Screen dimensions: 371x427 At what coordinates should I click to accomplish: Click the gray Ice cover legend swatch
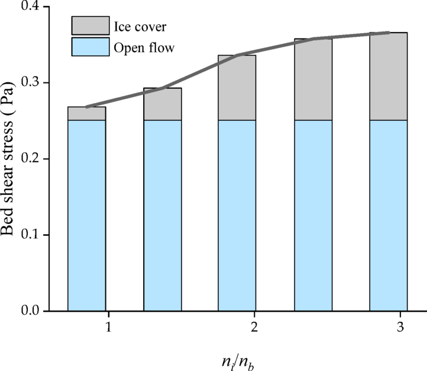(90, 25)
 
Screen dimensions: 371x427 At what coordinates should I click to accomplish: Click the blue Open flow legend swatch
(90, 47)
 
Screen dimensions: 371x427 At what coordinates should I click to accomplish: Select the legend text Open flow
(148, 47)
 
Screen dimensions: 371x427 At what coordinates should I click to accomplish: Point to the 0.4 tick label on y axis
(30, 7)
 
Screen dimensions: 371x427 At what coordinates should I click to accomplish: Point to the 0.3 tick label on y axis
(30, 82)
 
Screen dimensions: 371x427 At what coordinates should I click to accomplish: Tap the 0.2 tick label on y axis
(30, 159)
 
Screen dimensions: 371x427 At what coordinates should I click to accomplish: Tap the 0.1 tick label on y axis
(30, 235)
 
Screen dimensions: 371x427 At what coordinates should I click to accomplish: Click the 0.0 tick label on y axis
(30, 311)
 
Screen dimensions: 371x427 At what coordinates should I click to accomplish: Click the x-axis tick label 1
(108, 328)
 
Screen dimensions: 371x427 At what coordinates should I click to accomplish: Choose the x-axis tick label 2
(255, 328)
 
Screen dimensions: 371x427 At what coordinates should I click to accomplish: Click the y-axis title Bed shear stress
(12, 158)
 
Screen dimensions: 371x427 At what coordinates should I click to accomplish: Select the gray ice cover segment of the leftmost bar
(87, 114)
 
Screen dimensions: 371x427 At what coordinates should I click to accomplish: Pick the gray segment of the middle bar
(237, 88)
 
